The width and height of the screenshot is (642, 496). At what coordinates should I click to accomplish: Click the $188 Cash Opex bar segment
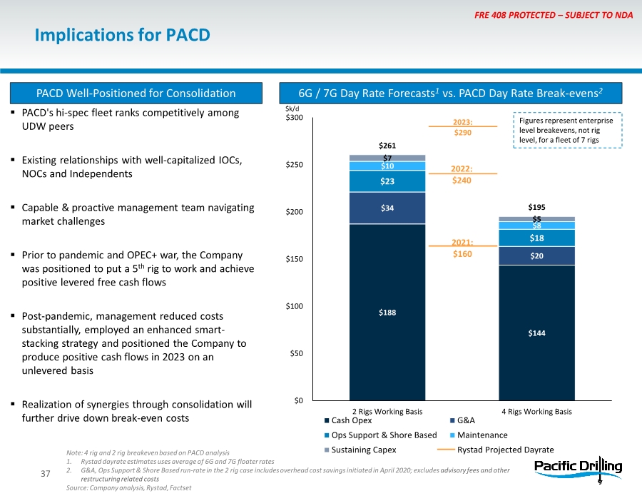pos(387,312)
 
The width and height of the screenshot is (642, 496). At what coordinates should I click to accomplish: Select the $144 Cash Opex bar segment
pos(536,333)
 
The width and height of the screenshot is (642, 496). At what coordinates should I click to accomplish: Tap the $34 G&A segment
pos(387,208)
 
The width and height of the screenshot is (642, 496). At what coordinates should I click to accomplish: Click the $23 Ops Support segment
pos(387,181)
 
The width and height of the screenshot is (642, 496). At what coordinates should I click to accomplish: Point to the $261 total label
pos(387,146)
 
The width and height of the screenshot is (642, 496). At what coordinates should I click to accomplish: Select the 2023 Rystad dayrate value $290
pos(463,133)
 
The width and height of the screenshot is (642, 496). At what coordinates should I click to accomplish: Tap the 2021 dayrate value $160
pos(463,253)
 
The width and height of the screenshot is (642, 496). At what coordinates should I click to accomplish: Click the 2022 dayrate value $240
pos(463,181)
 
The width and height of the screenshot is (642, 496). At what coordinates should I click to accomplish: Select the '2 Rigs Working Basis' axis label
pos(387,412)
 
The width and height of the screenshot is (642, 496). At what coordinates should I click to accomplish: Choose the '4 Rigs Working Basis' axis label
pos(536,412)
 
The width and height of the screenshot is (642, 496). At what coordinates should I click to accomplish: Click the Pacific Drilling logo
pos(579,467)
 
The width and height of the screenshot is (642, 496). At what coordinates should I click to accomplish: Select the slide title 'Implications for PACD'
pos(123,34)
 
